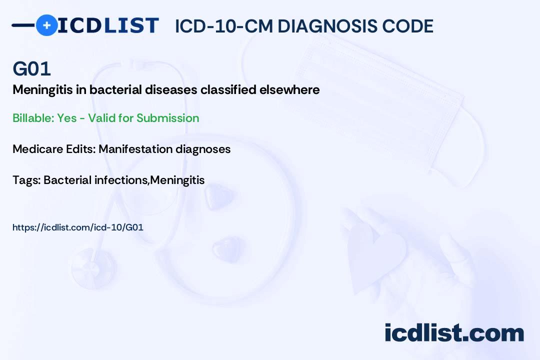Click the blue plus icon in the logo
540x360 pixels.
point(46,25)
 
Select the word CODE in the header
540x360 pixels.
point(402,26)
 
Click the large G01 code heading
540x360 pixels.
point(31,68)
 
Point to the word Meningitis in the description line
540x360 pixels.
point(42,90)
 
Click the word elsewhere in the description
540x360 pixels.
point(289,89)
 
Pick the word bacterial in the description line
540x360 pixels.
point(115,89)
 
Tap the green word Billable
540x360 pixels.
point(33,118)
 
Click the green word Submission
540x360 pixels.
point(167,118)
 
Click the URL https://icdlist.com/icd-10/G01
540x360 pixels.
point(78,227)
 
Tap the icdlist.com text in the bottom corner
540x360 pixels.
point(454,332)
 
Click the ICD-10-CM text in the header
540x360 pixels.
point(223,26)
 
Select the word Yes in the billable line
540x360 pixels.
point(67,118)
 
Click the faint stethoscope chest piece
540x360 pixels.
point(92,268)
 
